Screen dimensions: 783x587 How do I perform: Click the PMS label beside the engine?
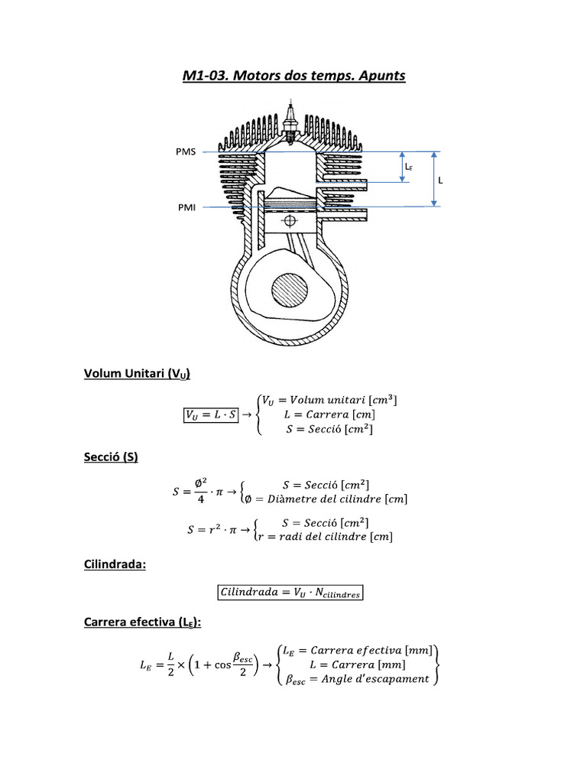point(186,151)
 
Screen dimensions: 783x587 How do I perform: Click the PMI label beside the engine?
point(186,206)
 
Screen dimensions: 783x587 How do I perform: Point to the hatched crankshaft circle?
point(290,291)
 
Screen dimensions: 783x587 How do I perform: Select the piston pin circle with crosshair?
point(289,221)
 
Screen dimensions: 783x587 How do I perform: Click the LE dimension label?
point(409,167)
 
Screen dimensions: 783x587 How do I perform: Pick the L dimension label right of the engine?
point(440,180)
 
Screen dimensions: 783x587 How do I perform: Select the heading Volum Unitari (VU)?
point(136,374)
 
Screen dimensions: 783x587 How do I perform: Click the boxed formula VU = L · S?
point(211,414)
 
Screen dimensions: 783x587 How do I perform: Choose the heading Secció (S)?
point(110,456)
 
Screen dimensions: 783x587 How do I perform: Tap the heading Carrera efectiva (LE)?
point(142,622)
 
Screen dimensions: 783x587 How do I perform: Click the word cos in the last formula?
point(222,665)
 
